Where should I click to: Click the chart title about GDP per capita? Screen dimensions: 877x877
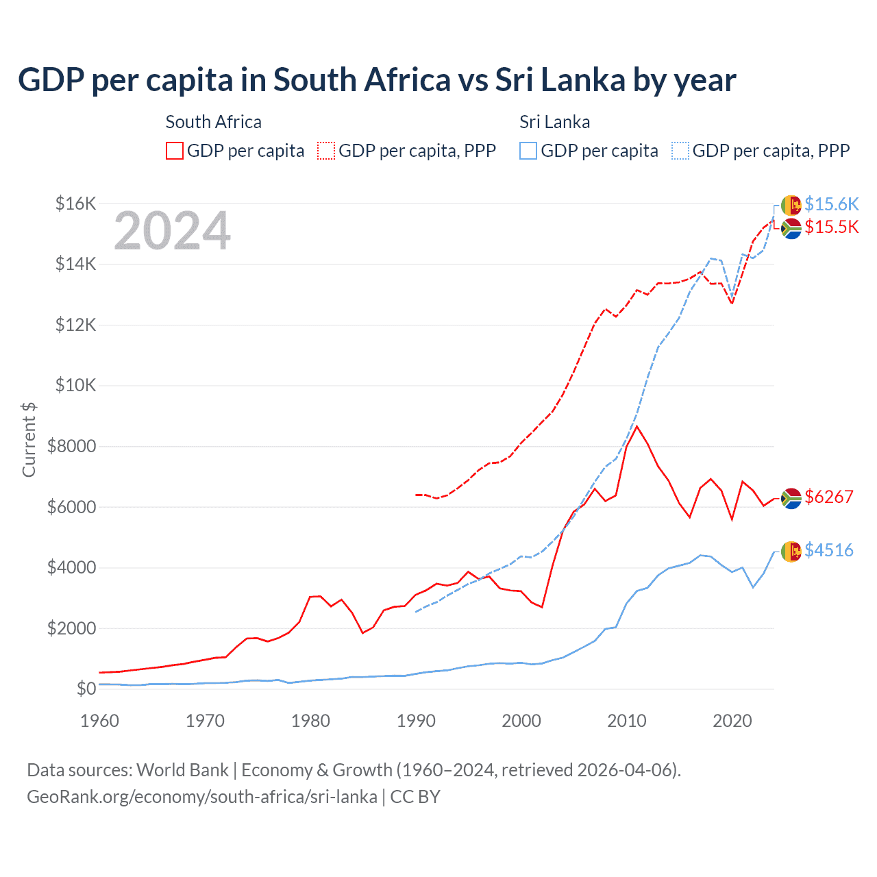tap(377, 80)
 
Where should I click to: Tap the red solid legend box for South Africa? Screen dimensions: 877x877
tap(175, 151)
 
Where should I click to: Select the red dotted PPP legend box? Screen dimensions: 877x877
tap(326, 151)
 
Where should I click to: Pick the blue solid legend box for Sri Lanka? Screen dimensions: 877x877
tap(528, 151)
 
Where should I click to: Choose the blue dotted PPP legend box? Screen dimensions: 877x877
tap(680, 151)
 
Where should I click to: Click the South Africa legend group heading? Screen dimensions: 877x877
tap(213, 122)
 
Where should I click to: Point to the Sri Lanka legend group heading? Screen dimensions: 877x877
tap(554, 122)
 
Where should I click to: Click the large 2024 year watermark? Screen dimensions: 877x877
tap(172, 231)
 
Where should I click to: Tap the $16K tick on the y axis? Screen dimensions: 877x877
tap(75, 203)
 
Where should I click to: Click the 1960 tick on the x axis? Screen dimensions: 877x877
tap(100, 721)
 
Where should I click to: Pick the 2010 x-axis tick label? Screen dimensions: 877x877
tap(627, 721)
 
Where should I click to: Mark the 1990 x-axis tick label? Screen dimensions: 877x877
tap(416, 721)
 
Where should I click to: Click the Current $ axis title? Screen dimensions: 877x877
tap(29, 439)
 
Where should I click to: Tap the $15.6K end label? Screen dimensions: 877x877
tap(831, 204)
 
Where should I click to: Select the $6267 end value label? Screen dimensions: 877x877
tap(829, 497)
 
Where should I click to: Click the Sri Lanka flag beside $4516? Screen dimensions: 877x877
tap(791, 551)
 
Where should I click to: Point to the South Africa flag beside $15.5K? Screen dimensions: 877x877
tap(791, 228)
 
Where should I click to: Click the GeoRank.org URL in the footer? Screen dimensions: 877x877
tap(202, 797)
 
